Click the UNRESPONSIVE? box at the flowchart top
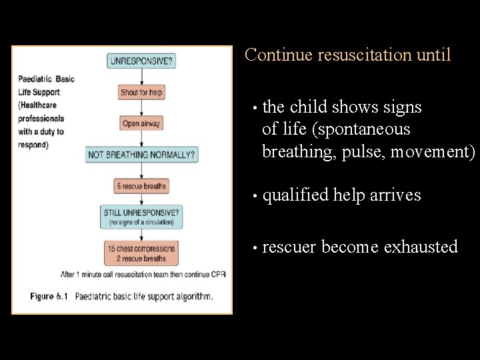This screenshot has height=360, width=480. click(x=142, y=61)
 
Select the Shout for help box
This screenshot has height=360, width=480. click(x=142, y=93)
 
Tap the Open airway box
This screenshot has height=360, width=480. click(x=142, y=123)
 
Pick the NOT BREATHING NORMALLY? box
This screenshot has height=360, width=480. click(x=142, y=155)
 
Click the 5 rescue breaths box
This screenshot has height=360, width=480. click(x=142, y=186)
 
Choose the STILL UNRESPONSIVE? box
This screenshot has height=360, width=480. click(x=142, y=216)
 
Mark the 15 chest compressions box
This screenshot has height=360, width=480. click(x=142, y=253)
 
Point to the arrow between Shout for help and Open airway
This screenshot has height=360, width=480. click(x=142, y=108)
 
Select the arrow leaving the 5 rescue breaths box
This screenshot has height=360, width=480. click(x=142, y=199)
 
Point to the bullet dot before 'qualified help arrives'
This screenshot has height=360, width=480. click(x=254, y=197)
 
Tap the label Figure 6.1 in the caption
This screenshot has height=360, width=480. click(x=50, y=297)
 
